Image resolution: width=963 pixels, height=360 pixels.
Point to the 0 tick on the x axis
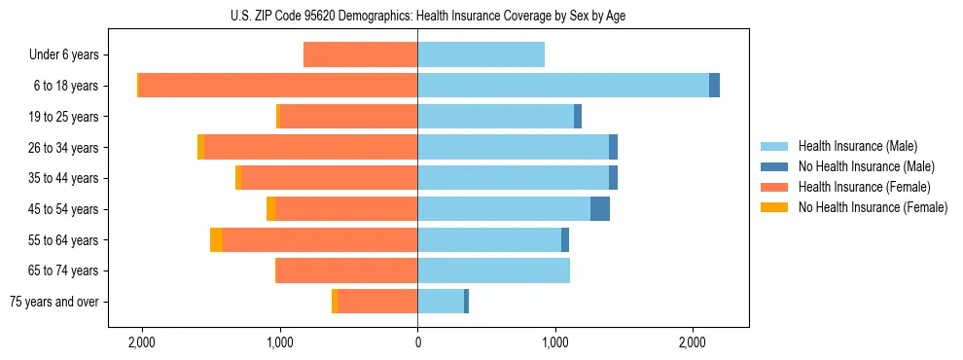(x=417, y=342)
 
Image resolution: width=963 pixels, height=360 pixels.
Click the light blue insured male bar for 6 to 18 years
(x=562, y=86)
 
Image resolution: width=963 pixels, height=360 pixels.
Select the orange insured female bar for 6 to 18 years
(x=278, y=86)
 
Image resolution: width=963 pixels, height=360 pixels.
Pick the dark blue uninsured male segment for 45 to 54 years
(x=600, y=209)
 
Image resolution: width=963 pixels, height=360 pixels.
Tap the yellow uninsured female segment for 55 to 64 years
(x=216, y=240)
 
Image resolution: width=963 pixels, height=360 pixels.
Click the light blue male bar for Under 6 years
(x=481, y=55)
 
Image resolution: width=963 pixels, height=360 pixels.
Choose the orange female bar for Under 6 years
(x=361, y=55)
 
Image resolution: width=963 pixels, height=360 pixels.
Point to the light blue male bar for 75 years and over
(x=441, y=302)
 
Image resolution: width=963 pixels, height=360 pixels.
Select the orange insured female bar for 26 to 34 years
(x=310, y=148)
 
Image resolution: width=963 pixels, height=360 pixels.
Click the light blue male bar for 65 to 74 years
(x=493, y=270)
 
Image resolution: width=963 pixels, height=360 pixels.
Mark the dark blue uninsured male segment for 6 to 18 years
(x=714, y=86)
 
